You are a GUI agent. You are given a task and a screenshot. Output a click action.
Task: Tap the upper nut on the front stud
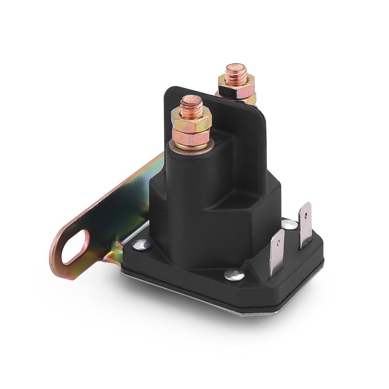point(191,118)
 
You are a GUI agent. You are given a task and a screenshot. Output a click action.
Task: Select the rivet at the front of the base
point(235,275)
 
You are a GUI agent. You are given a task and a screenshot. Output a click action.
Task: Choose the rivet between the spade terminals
point(289,224)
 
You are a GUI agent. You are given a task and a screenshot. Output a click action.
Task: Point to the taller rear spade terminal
point(305,224)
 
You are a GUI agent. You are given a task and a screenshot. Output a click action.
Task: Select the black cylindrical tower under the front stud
point(187,175)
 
